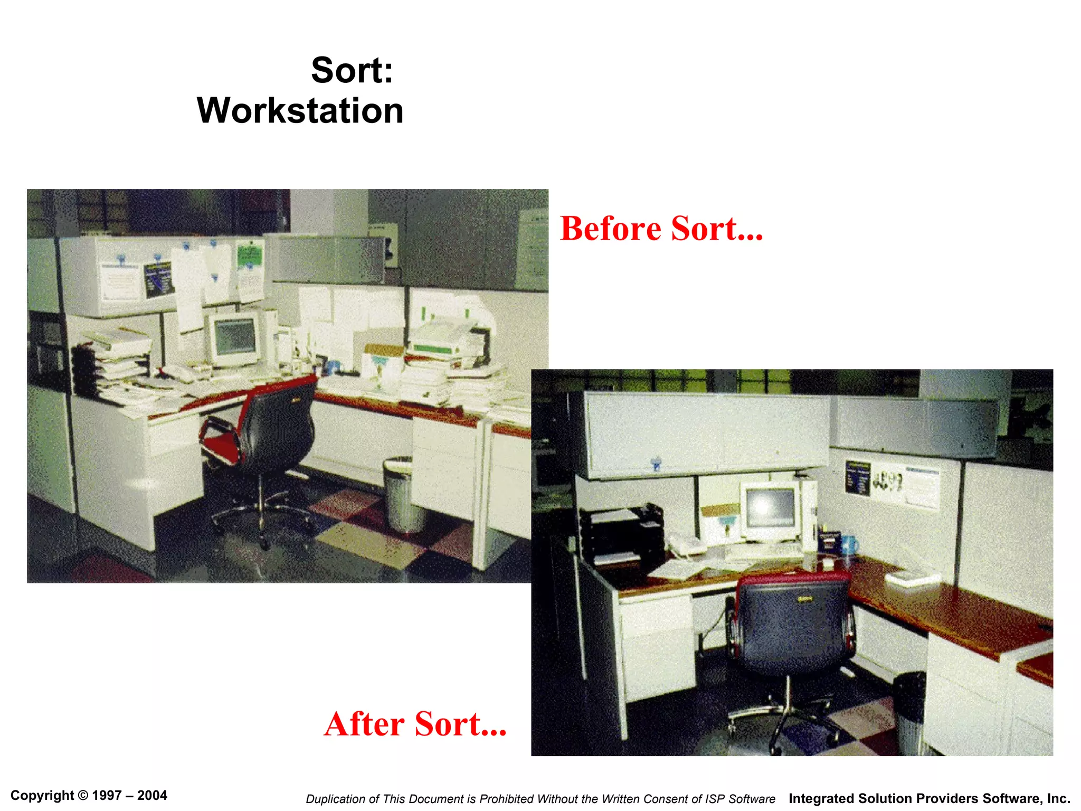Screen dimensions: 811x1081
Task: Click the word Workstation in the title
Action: (x=300, y=111)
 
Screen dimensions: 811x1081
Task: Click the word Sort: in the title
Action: (x=352, y=70)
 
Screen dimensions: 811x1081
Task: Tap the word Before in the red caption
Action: (x=610, y=229)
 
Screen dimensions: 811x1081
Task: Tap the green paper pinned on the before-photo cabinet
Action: (x=249, y=255)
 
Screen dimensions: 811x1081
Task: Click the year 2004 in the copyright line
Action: (x=152, y=795)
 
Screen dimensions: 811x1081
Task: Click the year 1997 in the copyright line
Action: (x=107, y=795)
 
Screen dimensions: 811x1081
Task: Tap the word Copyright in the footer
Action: (x=42, y=795)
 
